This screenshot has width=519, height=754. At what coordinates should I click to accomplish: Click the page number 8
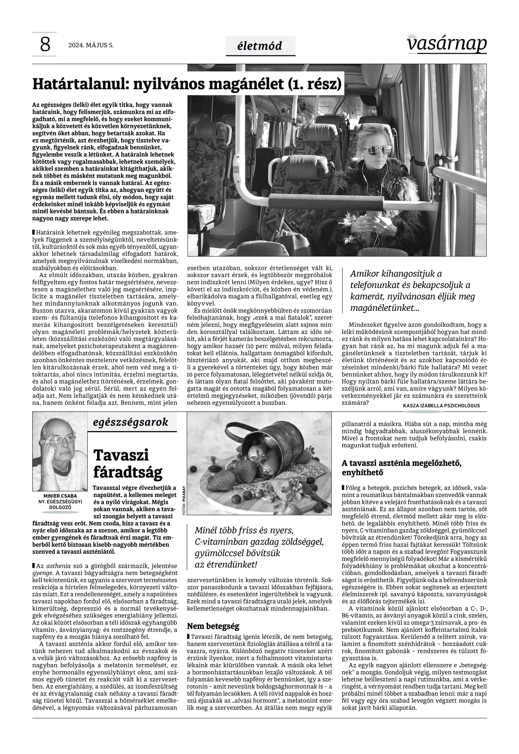coord(45,45)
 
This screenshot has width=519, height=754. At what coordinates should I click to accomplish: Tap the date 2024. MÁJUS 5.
coord(91,45)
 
